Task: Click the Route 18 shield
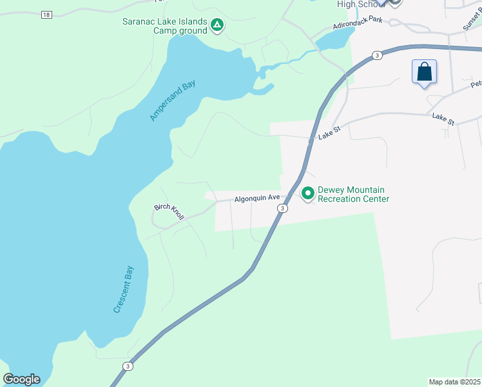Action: coord(45,15)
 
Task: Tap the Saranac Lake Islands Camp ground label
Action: coord(165,26)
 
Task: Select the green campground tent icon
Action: coord(217,25)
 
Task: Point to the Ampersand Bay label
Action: coord(172,101)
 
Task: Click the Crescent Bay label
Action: coord(123,290)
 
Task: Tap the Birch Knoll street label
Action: coord(169,212)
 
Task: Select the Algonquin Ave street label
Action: coord(256,199)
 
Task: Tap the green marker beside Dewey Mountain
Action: coord(308,193)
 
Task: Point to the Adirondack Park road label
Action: coord(358,23)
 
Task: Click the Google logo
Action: coord(21,379)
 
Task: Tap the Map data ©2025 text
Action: coord(454,382)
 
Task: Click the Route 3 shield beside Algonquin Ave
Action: coord(282,208)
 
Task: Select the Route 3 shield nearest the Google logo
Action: coord(128,366)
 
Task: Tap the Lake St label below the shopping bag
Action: coord(443,119)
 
